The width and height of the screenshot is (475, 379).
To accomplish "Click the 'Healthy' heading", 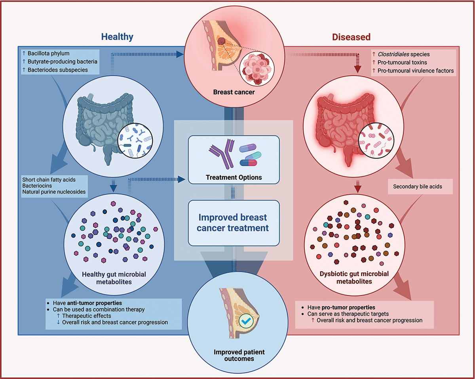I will (117, 37).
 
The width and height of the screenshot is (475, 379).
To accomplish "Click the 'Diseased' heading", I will (351, 37).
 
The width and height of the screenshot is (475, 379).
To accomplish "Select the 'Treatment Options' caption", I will (234, 177).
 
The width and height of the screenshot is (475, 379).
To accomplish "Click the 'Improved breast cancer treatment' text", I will (234, 223).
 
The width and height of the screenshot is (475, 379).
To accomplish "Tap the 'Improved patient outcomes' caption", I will (234, 355).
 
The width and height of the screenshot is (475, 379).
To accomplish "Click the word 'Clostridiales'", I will (396, 54).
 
